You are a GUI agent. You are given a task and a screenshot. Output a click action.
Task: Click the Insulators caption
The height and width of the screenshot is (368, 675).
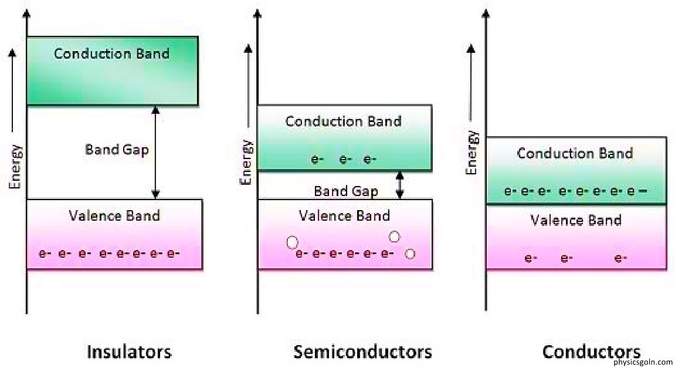tap(129, 352)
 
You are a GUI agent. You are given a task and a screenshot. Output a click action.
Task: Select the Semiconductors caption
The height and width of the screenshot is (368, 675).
tap(362, 352)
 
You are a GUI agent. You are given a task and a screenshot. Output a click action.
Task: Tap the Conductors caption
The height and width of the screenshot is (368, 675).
tap(591, 352)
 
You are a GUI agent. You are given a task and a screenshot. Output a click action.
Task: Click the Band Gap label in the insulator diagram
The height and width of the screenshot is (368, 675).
tap(117, 150)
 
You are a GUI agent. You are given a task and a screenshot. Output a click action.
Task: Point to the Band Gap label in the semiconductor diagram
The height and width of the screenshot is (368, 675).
tap(346, 191)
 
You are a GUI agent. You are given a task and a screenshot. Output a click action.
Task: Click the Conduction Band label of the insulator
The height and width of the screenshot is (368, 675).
tap(111, 54)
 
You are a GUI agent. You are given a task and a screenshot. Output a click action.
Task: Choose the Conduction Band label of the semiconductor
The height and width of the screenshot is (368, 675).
tap(343, 121)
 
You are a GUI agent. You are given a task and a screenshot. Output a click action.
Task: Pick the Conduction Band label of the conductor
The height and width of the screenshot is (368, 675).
tap(575, 154)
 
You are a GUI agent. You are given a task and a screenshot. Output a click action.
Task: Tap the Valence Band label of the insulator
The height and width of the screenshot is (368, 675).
tap(114, 215)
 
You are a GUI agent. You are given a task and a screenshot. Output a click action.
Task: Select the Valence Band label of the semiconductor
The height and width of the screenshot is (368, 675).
tap(344, 215)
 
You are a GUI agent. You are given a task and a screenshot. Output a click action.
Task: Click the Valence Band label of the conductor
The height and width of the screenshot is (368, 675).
tap(576, 221)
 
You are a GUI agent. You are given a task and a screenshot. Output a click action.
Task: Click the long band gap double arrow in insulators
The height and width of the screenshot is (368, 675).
tap(155, 152)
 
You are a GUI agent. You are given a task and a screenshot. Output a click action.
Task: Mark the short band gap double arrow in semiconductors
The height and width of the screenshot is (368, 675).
tap(400, 185)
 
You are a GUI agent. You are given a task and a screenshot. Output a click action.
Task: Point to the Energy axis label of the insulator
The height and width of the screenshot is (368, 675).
tap(16, 167)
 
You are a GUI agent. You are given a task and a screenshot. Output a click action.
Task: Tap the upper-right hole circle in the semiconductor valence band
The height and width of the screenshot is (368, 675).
tap(394, 237)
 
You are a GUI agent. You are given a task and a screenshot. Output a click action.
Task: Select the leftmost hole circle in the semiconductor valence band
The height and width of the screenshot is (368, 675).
tap(292, 242)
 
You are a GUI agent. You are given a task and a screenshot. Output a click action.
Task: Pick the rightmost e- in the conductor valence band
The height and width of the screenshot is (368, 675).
tap(621, 258)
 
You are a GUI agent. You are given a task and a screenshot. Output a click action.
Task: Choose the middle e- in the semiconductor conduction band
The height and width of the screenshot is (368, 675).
tap(345, 159)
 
